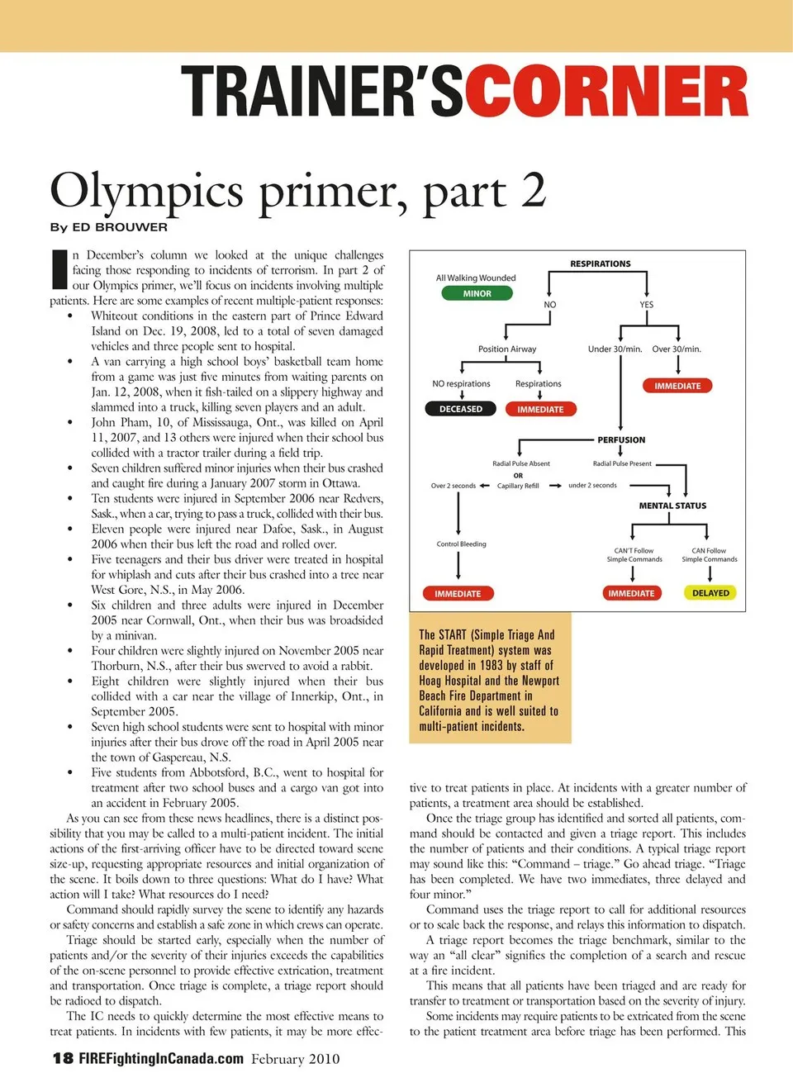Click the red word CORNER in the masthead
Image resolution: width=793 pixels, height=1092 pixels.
pos(607,92)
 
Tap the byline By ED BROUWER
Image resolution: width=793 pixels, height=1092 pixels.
pos(108,227)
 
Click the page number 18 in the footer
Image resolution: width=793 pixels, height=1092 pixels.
pos(63,1059)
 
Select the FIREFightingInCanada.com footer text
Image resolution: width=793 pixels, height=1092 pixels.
pos(161,1059)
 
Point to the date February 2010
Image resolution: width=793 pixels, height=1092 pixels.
pos(296,1059)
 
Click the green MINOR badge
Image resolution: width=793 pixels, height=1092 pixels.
pos(477,293)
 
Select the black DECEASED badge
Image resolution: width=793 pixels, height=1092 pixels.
pos(461,409)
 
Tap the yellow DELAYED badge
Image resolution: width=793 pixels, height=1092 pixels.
pos(710,593)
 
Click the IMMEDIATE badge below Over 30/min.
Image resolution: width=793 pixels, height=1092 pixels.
pos(677,386)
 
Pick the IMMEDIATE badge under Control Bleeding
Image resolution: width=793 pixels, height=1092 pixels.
pos(458,593)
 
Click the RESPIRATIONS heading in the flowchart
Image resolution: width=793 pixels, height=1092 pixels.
pos(601,264)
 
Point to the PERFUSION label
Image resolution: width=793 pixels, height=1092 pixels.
pos(621,440)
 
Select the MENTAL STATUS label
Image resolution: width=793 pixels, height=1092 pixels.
pos(672,506)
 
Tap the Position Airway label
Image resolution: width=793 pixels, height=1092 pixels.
pos(507,349)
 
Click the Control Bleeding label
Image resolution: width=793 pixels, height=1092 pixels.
pos(461,544)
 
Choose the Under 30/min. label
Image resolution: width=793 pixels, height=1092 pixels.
pos(615,349)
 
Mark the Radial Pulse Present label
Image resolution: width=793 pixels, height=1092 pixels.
pos(622,464)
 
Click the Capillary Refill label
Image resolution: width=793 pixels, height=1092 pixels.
pos(518,486)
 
